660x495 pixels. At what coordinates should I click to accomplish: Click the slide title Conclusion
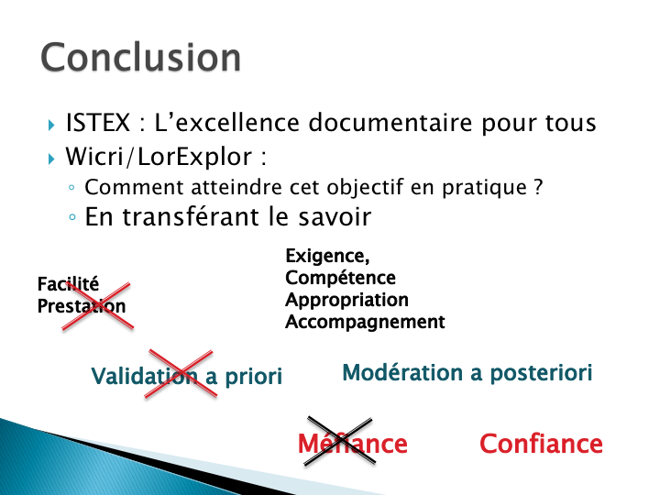[140, 57]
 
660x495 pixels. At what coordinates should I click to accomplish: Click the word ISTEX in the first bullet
[98, 123]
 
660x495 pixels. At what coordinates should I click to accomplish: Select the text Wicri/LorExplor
[159, 157]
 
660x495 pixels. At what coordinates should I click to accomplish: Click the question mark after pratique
[538, 187]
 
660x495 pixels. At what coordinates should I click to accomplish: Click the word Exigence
[327, 257]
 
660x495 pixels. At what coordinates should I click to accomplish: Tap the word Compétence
[340, 278]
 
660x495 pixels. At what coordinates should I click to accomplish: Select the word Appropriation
[346, 300]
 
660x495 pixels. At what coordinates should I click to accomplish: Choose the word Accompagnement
[365, 322]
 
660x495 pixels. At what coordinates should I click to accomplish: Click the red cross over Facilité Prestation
[98, 306]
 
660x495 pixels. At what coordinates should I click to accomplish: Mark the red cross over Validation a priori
[181, 373]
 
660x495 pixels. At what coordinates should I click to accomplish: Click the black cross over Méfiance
[340, 441]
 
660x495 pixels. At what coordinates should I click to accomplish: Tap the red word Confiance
[542, 444]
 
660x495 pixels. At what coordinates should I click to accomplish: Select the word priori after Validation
[253, 377]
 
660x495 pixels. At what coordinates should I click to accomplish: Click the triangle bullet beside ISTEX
[51, 125]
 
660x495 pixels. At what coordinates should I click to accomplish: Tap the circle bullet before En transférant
[72, 217]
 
